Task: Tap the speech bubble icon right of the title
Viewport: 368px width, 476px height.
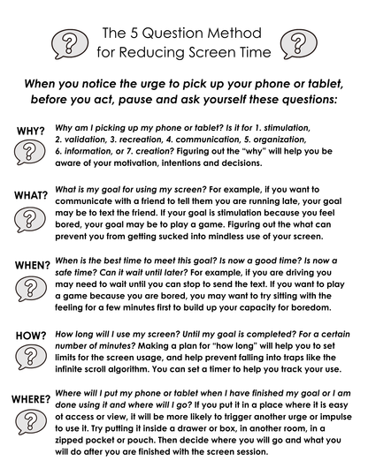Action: [x=297, y=42]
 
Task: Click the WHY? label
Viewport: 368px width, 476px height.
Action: [x=31, y=132]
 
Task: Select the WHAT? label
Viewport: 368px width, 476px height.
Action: [x=30, y=194]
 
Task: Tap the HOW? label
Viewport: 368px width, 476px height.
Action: [x=30, y=336]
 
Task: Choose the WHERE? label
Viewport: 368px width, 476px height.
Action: [x=30, y=399]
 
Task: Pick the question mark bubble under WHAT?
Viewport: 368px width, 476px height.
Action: [x=31, y=216]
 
